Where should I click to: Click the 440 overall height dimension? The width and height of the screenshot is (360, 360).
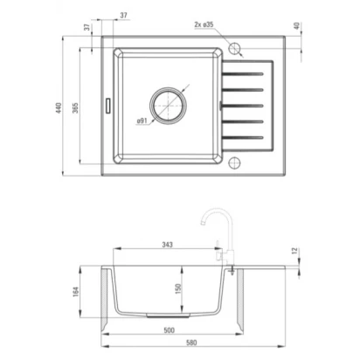click(59, 107)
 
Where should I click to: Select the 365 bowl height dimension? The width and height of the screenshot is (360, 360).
click(75, 107)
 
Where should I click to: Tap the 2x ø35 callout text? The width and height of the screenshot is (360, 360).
click(204, 24)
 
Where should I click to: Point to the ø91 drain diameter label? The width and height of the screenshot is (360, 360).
click(142, 121)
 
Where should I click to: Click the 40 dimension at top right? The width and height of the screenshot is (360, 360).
click(296, 25)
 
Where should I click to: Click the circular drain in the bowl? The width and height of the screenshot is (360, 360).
click(168, 105)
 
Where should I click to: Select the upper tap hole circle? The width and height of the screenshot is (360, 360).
click(234, 48)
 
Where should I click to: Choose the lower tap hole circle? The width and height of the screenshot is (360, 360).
click(234, 163)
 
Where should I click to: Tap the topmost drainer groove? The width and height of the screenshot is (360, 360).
click(242, 73)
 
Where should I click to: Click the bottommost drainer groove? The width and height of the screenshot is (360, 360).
click(242, 137)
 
